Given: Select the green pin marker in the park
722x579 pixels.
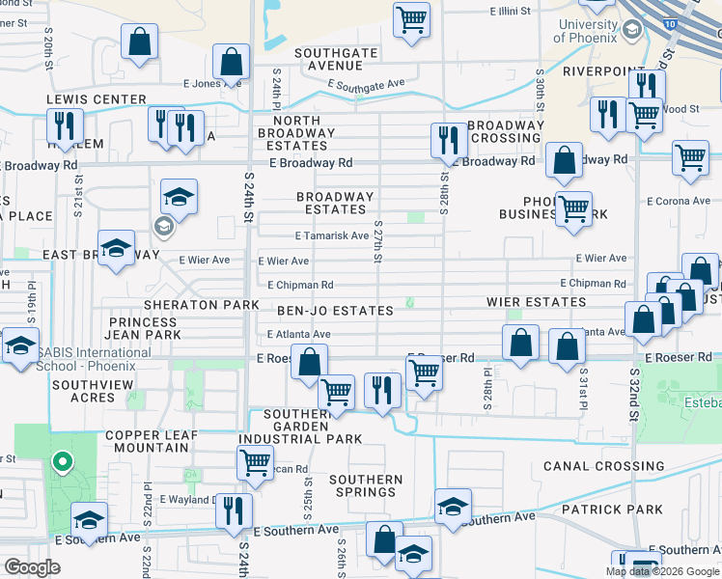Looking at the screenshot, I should (63, 464).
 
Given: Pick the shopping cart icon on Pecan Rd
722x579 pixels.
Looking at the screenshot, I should (255, 461).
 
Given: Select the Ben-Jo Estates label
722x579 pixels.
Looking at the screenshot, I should (335, 311).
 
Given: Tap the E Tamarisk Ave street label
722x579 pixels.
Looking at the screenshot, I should (331, 235).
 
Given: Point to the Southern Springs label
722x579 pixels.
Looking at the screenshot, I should (365, 485).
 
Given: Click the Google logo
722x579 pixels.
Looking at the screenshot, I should (32, 568).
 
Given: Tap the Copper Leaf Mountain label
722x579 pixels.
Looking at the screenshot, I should (151, 442).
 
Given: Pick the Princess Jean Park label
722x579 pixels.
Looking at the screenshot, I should (145, 328).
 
